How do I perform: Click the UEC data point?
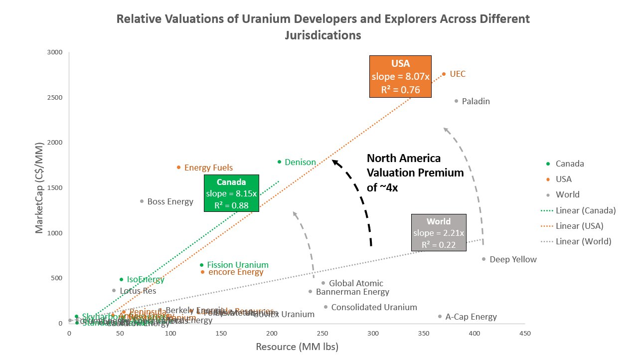pos(444,74)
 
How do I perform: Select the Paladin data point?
pos(456,101)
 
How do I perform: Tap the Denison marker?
pos(279,162)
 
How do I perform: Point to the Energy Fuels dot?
pos(178,168)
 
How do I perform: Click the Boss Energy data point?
pos(142,201)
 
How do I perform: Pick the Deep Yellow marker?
pos(483,259)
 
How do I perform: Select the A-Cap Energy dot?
pos(440,316)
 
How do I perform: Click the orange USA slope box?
pos(400,77)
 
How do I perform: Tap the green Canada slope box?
pos(232,193)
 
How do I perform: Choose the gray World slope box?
pos(439,232)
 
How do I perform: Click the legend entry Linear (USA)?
pos(580,226)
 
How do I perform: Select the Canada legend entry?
pos(569,164)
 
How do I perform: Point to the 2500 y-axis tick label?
pos(55,97)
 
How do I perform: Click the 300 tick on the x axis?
pos(373,333)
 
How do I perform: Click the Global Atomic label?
pos(356,283)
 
